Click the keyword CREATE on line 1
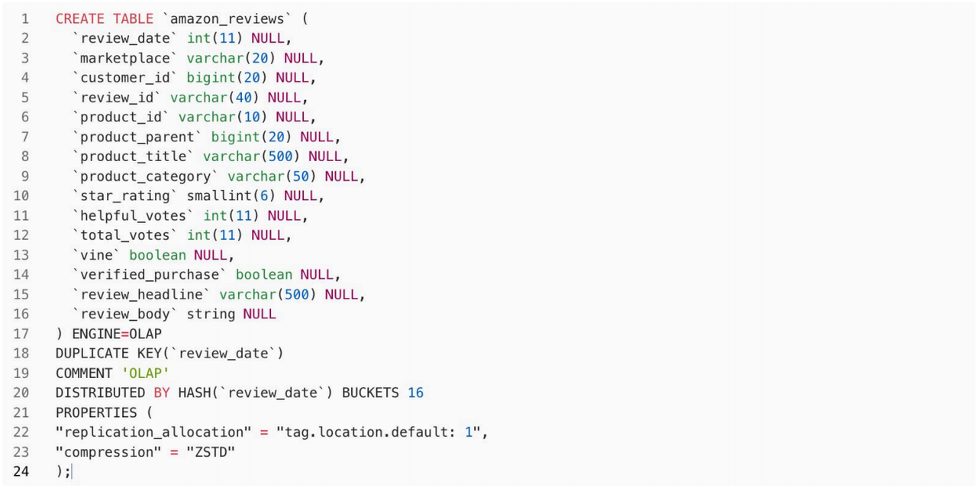pyautogui.click(x=80, y=18)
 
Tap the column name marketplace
pyautogui.click(x=125, y=58)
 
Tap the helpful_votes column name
pyautogui.click(x=134, y=215)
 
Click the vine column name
pyautogui.click(x=96, y=255)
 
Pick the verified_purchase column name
pyautogui.click(x=150, y=274)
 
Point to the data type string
pyautogui.click(x=211, y=314)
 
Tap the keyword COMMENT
pyautogui.click(x=84, y=373)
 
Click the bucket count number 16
pyautogui.click(x=415, y=393)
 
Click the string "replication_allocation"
pyautogui.click(x=153, y=432)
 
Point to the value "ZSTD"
pyautogui.click(x=211, y=452)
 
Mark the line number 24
pyautogui.click(x=21, y=471)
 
